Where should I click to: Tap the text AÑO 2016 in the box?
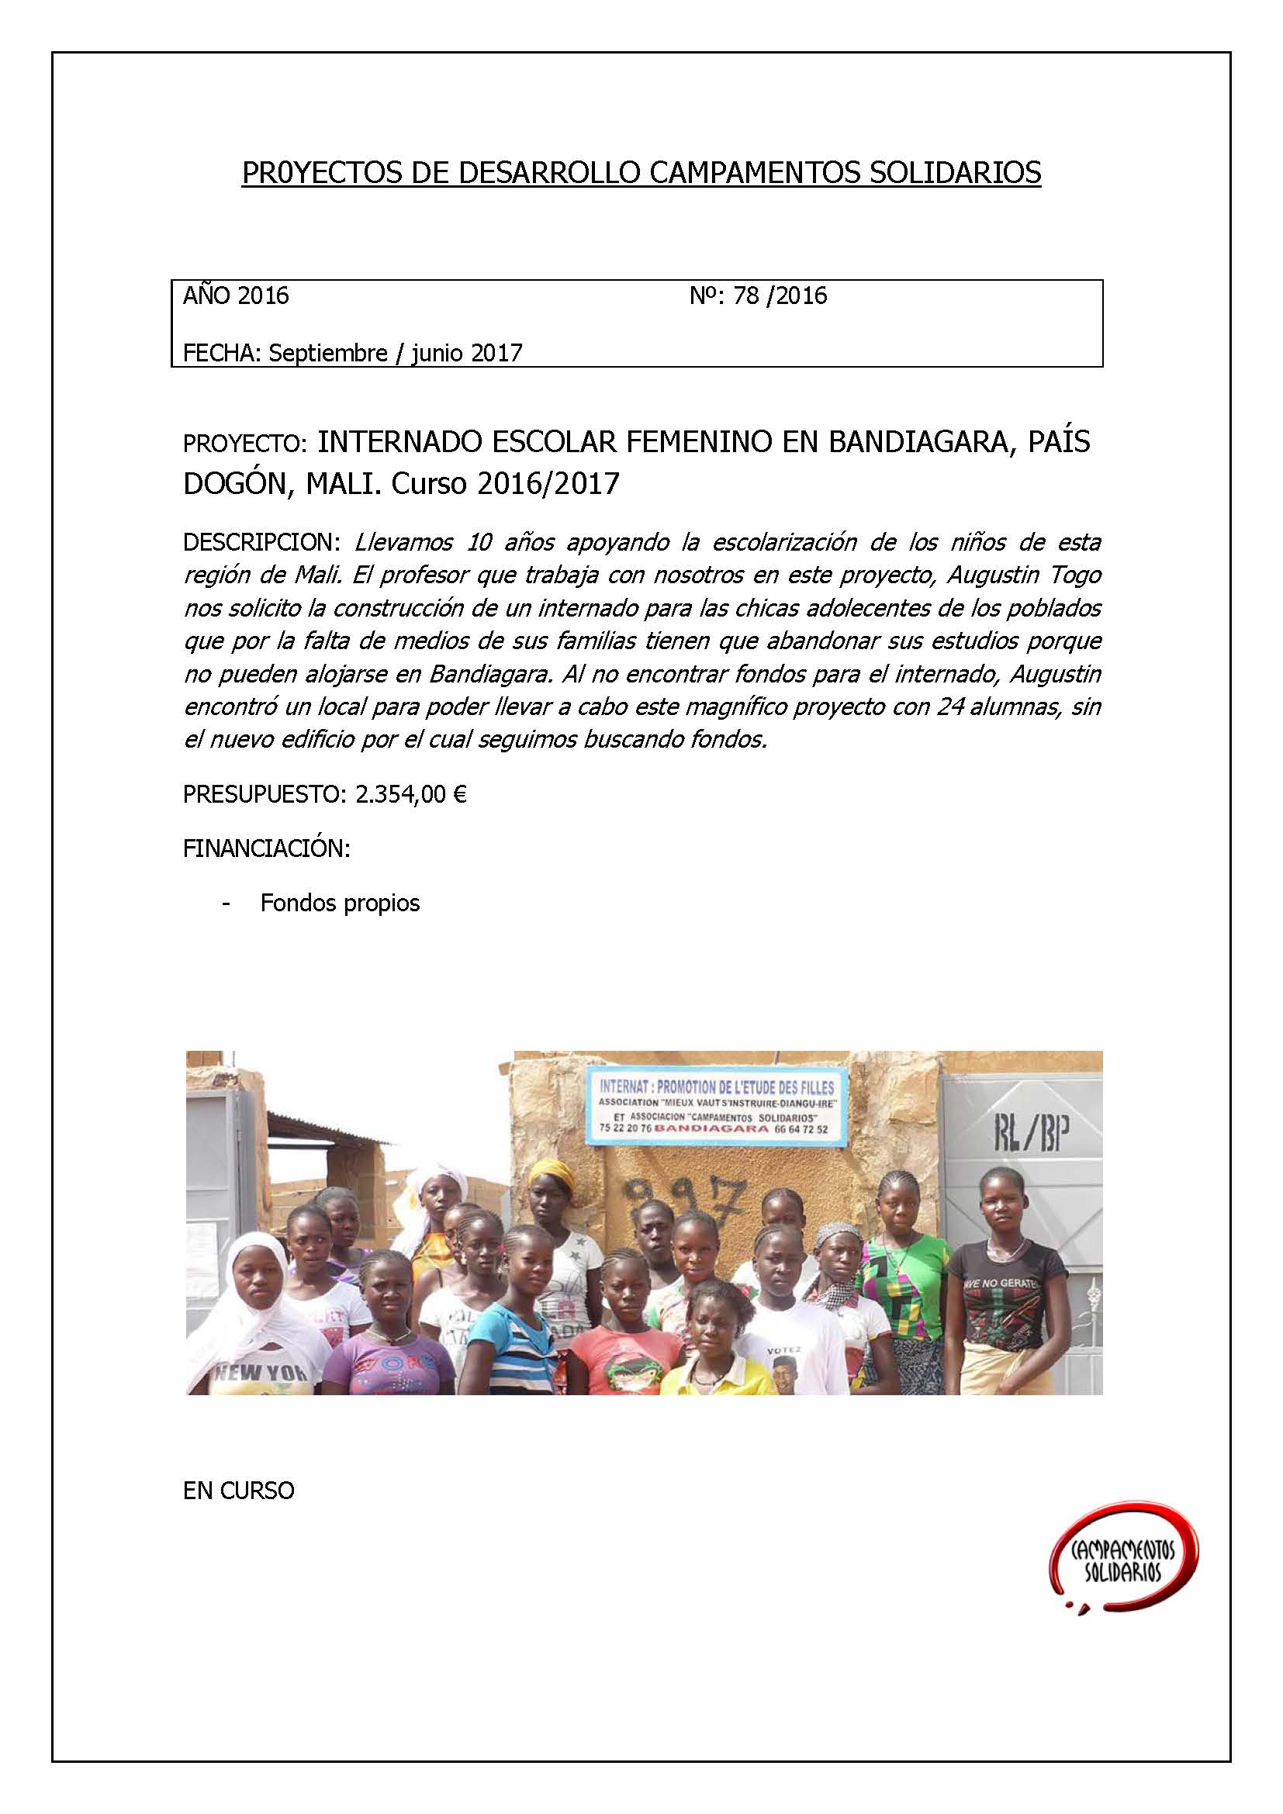pos(237,296)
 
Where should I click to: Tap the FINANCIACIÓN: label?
pos(266,849)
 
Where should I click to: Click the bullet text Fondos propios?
pos(340,903)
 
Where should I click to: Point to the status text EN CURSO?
pos(239,1491)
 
